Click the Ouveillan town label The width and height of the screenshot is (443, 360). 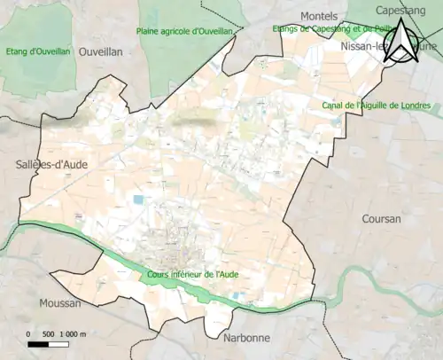tap(100, 52)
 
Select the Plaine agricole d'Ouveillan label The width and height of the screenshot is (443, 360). tap(184, 31)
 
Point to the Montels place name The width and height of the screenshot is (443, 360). tap(320, 17)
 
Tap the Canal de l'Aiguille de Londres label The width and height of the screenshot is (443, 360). tap(380, 106)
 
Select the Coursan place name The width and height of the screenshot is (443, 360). tap(382, 218)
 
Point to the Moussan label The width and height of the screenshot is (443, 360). tap(60, 302)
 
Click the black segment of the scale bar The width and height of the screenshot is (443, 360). tap(39, 343)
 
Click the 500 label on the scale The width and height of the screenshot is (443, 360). tap(50, 333)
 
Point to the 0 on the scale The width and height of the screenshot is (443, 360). tap(29, 333)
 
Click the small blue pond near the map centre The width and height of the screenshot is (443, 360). tap(137, 200)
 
